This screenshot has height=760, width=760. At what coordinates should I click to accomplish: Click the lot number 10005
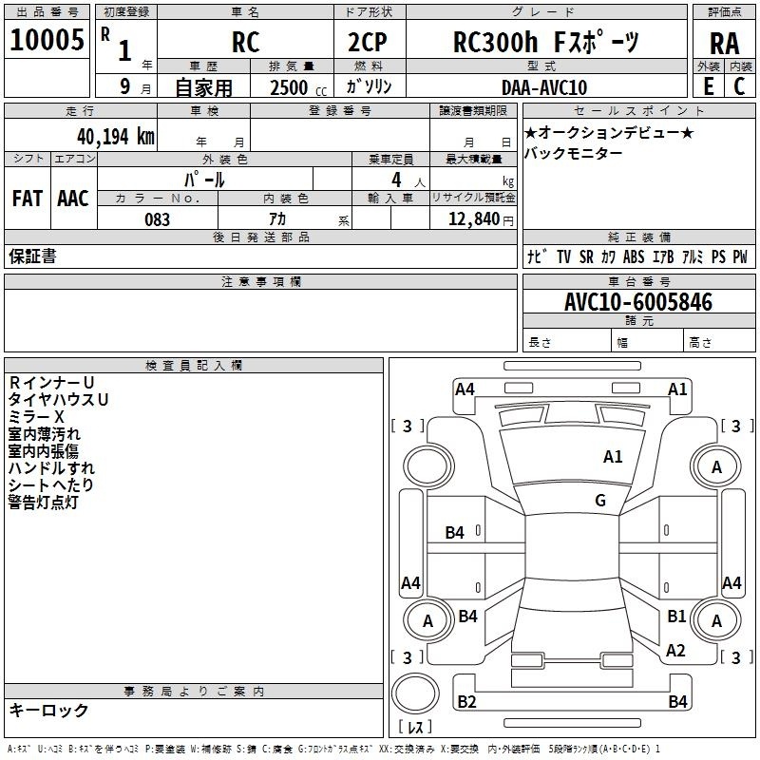pos(47,40)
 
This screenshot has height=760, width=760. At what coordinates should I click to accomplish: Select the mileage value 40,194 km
pos(116,137)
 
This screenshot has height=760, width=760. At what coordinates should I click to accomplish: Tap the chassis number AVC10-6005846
pos(638,302)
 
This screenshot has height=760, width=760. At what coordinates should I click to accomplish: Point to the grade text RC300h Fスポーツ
pos(546,42)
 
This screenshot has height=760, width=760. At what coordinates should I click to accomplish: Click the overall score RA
pos(725,44)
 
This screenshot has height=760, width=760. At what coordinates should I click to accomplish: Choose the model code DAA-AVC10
pos(544,87)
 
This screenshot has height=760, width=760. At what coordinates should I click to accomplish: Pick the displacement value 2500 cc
pos(298,87)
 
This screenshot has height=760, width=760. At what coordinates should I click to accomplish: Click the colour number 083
pos(158,219)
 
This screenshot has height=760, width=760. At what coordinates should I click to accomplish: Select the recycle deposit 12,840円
pos(481,219)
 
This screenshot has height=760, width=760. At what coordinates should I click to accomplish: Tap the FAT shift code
pos(28,199)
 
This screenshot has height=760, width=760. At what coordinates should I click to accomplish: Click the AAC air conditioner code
pos(73,199)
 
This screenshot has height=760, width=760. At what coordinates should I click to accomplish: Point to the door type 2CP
pos(368,42)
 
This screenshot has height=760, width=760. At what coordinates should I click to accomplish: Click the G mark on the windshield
pos(600,500)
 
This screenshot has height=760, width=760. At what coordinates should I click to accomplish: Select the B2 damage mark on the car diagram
pos(466,701)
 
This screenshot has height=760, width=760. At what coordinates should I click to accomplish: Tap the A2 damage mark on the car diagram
pos(675,651)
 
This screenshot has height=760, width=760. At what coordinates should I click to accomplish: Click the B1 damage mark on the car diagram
pos(676,616)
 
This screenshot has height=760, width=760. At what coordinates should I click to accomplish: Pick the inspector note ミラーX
pos(36,417)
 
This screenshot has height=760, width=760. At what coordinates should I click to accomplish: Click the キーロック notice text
pos(48,711)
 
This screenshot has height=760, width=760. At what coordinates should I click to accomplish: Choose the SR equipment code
pos(586,256)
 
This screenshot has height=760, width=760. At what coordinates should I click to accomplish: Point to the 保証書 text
pos(32,256)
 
